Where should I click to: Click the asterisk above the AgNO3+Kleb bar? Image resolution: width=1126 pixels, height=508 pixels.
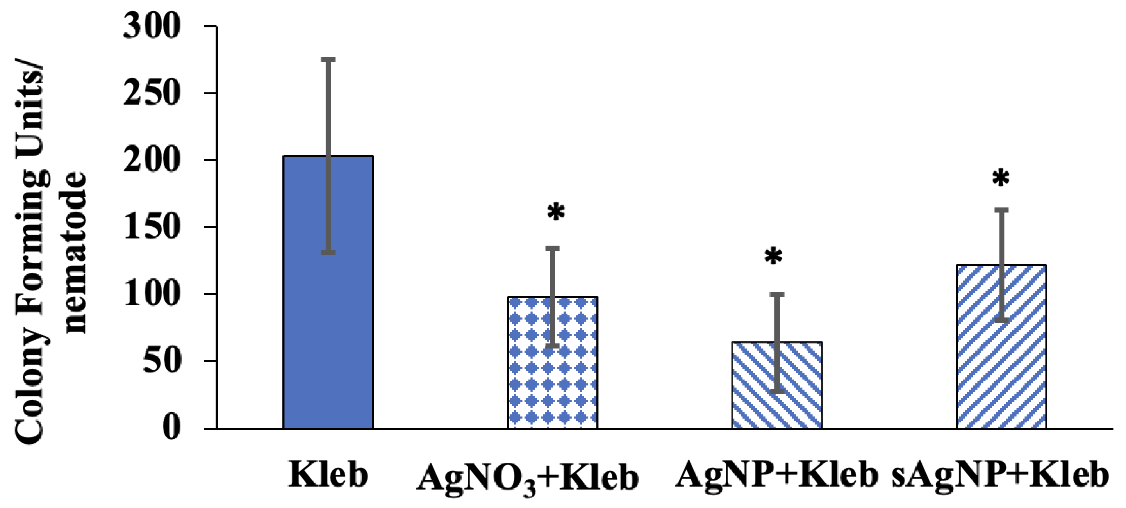click(x=556, y=212)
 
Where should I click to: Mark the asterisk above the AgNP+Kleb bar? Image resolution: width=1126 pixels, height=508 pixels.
click(x=773, y=256)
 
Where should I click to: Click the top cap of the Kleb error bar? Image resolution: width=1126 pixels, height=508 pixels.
click(x=328, y=59)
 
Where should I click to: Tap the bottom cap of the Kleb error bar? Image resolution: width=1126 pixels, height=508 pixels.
click(x=328, y=252)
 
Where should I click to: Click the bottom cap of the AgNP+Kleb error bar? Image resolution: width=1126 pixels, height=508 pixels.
click(x=777, y=390)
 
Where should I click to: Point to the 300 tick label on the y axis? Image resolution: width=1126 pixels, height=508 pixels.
click(x=152, y=26)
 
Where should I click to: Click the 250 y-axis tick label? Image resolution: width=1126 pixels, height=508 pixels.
click(x=152, y=93)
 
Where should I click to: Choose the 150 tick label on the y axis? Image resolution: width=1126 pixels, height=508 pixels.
click(x=152, y=227)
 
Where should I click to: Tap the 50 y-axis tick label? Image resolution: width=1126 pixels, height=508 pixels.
click(x=162, y=361)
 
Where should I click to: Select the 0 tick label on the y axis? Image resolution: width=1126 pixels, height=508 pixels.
click(x=171, y=428)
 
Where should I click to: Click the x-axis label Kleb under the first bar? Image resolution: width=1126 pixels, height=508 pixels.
click(x=328, y=475)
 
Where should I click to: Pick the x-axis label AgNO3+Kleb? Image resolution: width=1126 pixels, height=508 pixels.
click(x=528, y=478)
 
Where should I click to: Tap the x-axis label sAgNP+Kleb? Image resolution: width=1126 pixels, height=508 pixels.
click(x=1000, y=475)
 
